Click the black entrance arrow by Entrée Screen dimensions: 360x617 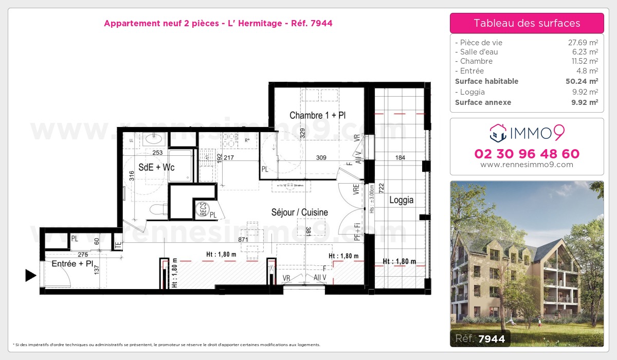(31, 276)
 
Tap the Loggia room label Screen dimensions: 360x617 (401, 200)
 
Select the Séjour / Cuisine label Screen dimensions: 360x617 (300, 212)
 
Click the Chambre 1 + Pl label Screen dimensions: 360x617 (317, 115)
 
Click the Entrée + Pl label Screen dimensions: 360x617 (72, 263)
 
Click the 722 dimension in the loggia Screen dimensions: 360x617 (382, 188)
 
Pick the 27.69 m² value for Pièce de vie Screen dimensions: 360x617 (582, 43)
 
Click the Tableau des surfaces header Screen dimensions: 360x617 (527, 23)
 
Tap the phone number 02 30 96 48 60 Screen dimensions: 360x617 (527, 154)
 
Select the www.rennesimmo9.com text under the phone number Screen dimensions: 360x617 (527, 165)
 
